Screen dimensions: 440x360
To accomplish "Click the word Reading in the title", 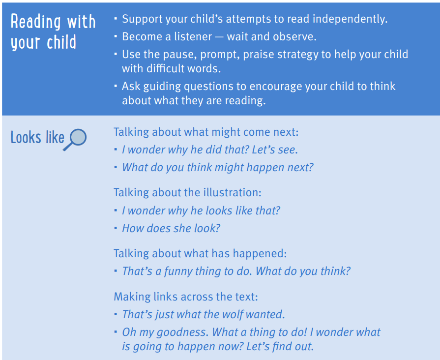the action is [x=35, y=22].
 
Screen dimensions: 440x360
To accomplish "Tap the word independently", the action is [x=350, y=19].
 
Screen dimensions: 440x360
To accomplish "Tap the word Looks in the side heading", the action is [x=26, y=137].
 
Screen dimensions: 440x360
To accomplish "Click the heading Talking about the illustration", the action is [x=187, y=193].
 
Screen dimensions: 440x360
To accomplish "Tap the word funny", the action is [x=178, y=271].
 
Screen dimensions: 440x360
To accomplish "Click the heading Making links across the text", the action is [x=186, y=297].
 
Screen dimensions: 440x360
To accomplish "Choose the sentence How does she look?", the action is [x=171, y=228].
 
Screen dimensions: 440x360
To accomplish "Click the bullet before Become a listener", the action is [x=116, y=36].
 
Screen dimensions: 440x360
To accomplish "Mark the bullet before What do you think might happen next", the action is [x=116, y=167].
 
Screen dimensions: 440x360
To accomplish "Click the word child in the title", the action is [x=61, y=42].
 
